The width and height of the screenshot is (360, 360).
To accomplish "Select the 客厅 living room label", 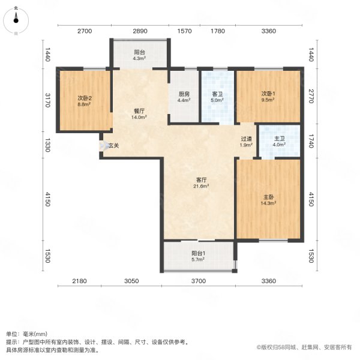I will coord(201,179).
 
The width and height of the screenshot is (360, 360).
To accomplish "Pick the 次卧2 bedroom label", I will coord(83,98).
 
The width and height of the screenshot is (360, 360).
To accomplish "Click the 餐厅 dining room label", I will coord(140,111).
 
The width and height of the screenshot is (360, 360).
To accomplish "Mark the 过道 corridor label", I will coord(246,139).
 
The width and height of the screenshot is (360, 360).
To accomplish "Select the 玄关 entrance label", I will coord(113,145).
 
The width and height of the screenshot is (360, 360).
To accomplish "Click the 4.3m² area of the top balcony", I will coord(139,58).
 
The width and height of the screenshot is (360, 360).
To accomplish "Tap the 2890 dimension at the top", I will coord(140,31).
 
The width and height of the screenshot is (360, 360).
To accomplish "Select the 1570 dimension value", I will coord(184,31).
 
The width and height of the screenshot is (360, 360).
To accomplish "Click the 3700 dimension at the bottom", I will coord(199,281).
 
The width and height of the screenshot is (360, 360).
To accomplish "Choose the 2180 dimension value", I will coord(79,281).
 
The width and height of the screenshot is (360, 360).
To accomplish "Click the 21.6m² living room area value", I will coord(201,186).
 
